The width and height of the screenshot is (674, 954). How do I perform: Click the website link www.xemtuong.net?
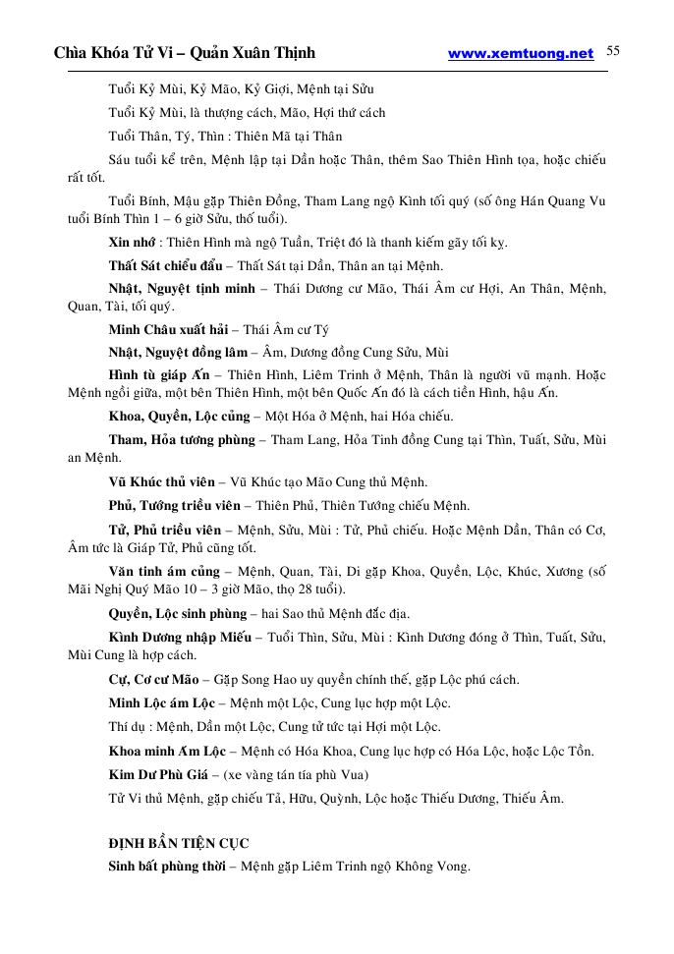click(521, 54)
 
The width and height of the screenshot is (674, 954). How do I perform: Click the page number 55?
click(613, 52)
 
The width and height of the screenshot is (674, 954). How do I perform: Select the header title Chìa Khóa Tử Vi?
click(118, 53)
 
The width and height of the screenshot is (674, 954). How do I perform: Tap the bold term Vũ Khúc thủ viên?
click(162, 482)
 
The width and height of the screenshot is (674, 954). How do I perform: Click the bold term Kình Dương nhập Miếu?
click(180, 638)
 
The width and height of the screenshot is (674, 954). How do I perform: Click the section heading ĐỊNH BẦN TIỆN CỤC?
click(178, 843)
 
